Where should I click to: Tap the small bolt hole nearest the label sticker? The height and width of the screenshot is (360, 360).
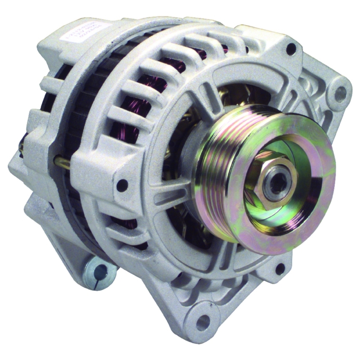tap(291, 49)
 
